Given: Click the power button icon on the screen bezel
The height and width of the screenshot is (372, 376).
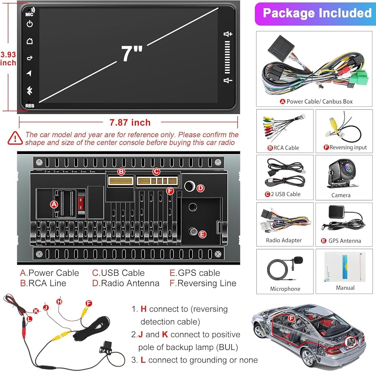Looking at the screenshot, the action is [x=30, y=24].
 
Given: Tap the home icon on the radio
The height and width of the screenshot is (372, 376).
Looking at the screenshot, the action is [x=30, y=41].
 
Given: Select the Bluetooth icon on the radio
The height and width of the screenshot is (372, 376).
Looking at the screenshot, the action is [x=29, y=90].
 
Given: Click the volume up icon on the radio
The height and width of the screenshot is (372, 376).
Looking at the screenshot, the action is [x=228, y=34].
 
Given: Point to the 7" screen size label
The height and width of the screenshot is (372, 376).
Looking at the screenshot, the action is [x=132, y=53].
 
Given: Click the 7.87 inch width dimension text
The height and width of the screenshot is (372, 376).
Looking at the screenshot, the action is [x=130, y=123].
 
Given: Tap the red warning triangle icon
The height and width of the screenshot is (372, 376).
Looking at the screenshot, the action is [x=15, y=138].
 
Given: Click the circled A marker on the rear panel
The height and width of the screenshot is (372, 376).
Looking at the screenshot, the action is [x=54, y=204].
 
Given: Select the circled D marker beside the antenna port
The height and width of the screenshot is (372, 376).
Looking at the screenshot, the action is [x=200, y=188].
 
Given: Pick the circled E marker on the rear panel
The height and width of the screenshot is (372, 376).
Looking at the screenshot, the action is [x=202, y=234].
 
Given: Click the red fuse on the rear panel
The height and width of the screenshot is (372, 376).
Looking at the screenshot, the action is [x=81, y=203].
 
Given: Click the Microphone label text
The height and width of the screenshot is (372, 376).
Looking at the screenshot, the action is [x=285, y=289].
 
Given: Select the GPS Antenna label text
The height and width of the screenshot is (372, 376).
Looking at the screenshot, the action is [x=344, y=241].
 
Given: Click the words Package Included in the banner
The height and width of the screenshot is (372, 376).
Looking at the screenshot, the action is [x=317, y=13].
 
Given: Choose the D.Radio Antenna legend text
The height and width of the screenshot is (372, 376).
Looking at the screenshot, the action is [x=126, y=283].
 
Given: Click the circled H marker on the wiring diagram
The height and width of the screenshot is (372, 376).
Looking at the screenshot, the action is [x=59, y=302].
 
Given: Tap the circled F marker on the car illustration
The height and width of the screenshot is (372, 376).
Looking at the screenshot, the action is [x=291, y=319].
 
